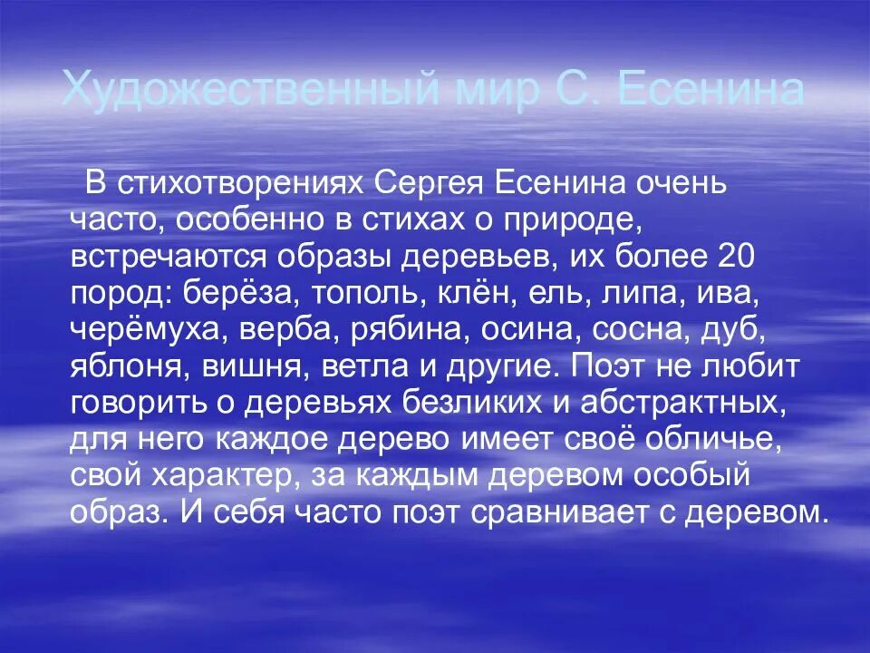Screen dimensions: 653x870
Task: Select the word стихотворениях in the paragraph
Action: click(251, 183)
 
